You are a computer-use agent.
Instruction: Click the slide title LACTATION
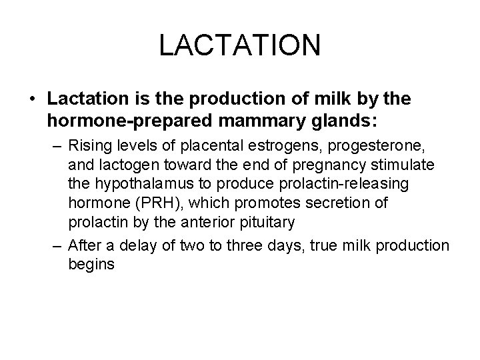pos(240,46)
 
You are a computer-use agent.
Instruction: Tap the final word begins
pos(91,263)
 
